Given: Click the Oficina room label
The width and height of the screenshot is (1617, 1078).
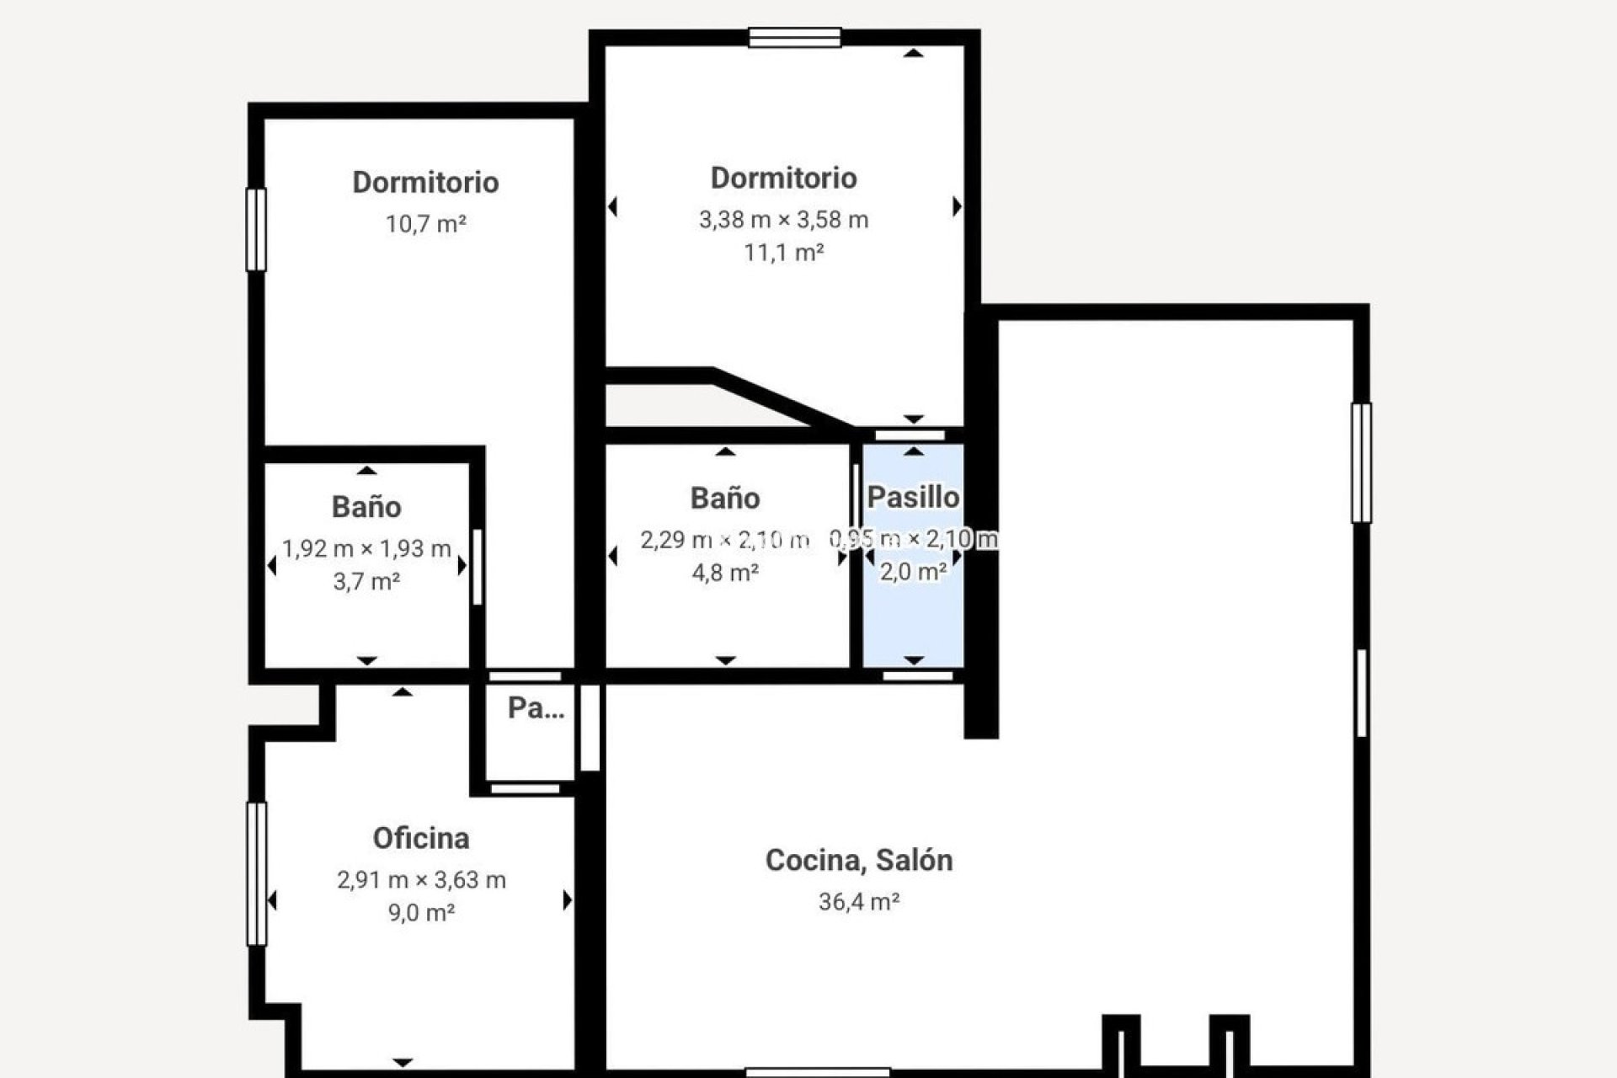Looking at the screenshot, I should click(x=421, y=838).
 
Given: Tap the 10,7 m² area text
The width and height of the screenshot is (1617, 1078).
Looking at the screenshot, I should click(x=426, y=224).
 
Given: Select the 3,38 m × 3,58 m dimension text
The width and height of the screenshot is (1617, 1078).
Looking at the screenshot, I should click(x=783, y=220).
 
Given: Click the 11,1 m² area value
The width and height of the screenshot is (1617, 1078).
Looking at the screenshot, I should click(x=783, y=253).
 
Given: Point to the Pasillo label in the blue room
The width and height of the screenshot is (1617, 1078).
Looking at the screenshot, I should click(x=913, y=497).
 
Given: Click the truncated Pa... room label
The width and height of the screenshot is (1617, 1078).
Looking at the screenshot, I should click(x=536, y=708).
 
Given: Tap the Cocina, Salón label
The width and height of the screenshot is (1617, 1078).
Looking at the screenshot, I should click(x=859, y=860).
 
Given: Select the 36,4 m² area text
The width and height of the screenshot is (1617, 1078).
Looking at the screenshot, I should click(x=859, y=902).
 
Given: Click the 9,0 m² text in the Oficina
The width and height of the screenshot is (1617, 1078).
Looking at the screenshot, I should click(x=421, y=913).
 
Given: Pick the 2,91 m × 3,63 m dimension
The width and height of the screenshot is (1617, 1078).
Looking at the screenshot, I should click(x=421, y=880).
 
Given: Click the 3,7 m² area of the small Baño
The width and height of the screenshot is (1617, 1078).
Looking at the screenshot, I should click(x=366, y=582).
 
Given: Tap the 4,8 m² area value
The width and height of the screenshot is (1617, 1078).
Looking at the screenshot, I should click(x=725, y=573).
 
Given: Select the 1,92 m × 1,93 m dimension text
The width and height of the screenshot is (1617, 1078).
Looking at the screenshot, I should click(x=366, y=549).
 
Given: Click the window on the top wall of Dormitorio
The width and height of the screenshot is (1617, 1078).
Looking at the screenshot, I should click(x=794, y=37).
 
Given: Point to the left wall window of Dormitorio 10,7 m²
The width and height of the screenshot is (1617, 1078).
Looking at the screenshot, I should click(x=256, y=229).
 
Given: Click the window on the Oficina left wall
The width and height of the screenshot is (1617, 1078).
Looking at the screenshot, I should click(x=256, y=873).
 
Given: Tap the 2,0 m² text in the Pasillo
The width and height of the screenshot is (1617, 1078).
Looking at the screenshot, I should click(x=913, y=573).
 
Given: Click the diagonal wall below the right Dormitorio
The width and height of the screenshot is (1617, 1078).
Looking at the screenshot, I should click(x=779, y=399).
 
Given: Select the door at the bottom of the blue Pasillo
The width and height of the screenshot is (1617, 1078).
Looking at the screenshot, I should click(x=917, y=675).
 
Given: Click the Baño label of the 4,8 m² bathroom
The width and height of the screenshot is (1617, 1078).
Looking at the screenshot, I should click(x=725, y=498).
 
